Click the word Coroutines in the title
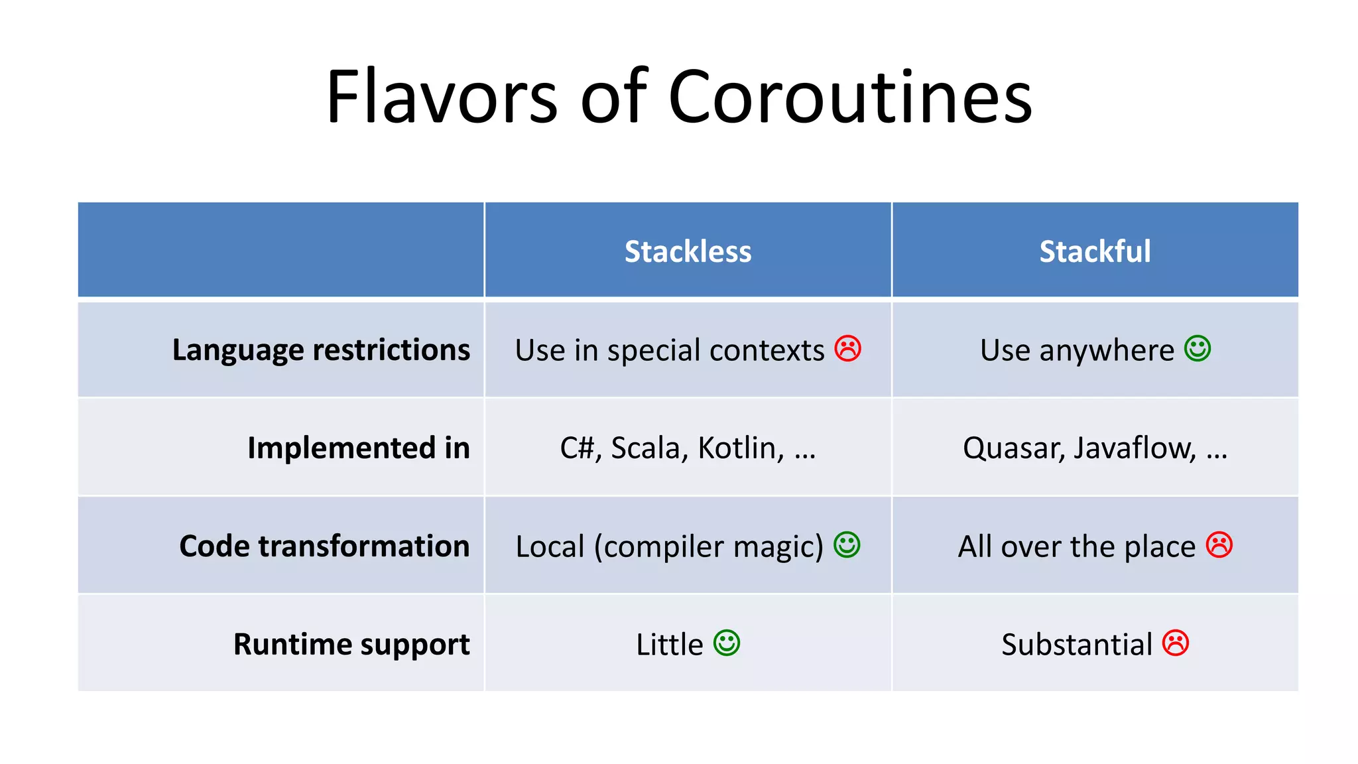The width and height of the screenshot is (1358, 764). pyautogui.click(x=850, y=97)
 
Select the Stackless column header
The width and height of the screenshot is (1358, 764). pyautogui.click(x=688, y=251)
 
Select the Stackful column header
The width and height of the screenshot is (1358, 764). pyautogui.click(x=1095, y=251)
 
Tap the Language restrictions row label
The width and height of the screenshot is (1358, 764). pyautogui.click(x=321, y=350)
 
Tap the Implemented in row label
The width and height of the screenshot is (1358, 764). pyautogui.click(x=358, y=448)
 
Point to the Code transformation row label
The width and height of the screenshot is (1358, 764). pyautogui.click(x=324, y=546)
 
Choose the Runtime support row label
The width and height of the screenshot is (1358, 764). pyautogui.click(x=351, y=645)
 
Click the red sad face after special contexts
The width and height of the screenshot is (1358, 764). pyautogui.click(x=847, y=348)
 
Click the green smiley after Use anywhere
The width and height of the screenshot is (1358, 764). pyautogui.click(x=1198, y=348)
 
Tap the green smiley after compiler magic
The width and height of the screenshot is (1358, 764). pyautogui.click(x=847, y=544)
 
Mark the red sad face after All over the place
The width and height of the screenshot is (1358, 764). pyautogui.click(x=1219, y=544)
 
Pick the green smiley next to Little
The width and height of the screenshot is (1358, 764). pyautogui.click(x=727, y=643)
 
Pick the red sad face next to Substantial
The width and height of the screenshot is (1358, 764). pyautogui.click(x=1176, y=643)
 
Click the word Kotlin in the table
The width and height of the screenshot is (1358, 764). pyautogui.click(x=740, y=449)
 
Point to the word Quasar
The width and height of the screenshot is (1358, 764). pyautogui.click(x=1013, y=449)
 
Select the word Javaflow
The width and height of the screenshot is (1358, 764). pyautogui.click(x=1135, y=449)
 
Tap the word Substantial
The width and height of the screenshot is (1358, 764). pyautogui.click(x=1077, y=645)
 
